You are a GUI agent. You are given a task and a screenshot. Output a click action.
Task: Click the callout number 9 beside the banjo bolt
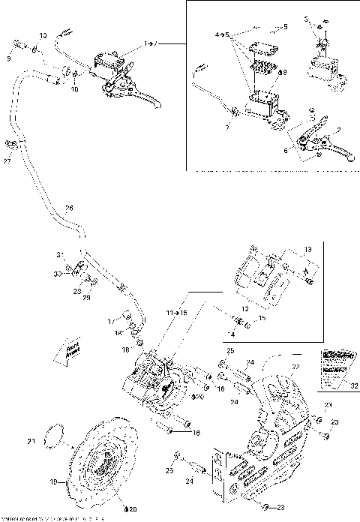pos(10,57)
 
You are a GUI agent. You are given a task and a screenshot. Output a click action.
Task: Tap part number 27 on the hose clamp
pos(7,160)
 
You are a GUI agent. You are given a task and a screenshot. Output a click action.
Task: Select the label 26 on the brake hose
pos(69,208)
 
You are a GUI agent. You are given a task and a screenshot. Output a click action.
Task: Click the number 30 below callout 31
pos(58,274)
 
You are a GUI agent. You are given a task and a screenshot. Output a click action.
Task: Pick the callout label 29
pos(86,298)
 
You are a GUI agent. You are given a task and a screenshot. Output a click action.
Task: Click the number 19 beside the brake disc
pos(52,483)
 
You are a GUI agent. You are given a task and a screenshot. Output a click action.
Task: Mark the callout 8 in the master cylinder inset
pos(283,73)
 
